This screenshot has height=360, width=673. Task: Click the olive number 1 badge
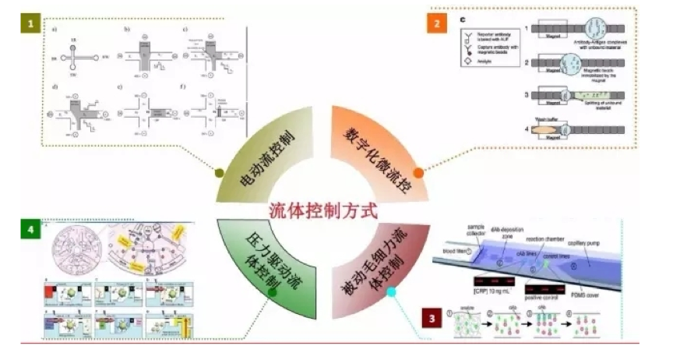click(30, 24)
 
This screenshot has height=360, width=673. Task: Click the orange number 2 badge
click(436, 24)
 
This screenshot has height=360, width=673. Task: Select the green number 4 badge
click(30, 231)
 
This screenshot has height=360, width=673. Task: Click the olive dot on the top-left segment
click(220, 173)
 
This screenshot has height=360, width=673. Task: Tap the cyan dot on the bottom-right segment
click(392, 293)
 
